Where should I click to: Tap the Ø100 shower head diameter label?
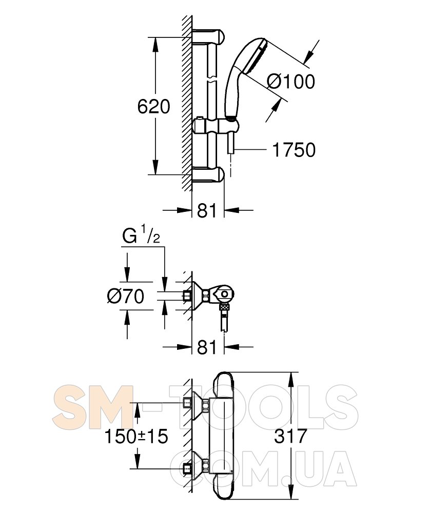pos(290,82)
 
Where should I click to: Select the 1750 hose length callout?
pos(294,150)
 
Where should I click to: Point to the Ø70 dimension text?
pos(126,296)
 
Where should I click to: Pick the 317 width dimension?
pos(290,436)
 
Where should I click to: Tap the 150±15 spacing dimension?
pos(136,436)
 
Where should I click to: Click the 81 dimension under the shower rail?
pos(207,210)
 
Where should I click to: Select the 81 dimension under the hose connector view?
pos(207,347)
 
